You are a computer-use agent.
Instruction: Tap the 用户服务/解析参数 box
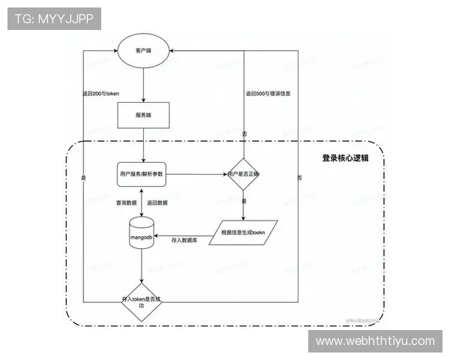click(141, 174)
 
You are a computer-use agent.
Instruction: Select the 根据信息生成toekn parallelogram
click(244, 232)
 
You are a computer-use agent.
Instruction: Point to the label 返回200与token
click(100, 94)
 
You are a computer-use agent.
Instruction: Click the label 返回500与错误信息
click(268, 94)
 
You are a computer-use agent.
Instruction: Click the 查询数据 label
click(126, 202)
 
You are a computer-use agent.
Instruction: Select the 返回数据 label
click(157, 202)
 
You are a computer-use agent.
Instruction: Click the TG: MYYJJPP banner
click(53, 19)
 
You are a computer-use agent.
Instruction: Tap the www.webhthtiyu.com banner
click(375, 341)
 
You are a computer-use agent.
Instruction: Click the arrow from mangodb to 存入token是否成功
click(142, 266)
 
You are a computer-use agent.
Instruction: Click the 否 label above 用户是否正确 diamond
click(244, 133)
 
